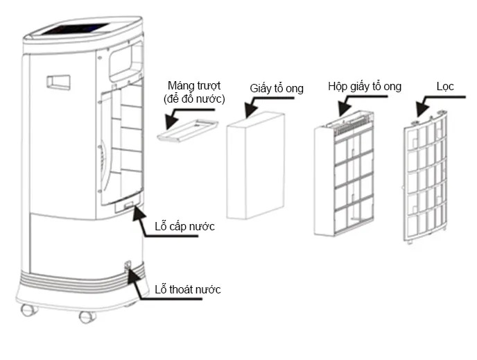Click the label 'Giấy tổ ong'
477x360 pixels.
coord(277,88)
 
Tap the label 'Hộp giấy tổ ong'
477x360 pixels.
coord(365,86)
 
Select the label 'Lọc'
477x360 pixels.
coord(445,86)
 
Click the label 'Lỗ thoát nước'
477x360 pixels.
coord(189,289)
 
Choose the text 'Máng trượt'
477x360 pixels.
coord(194,85)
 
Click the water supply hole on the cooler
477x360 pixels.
coord(129,205)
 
